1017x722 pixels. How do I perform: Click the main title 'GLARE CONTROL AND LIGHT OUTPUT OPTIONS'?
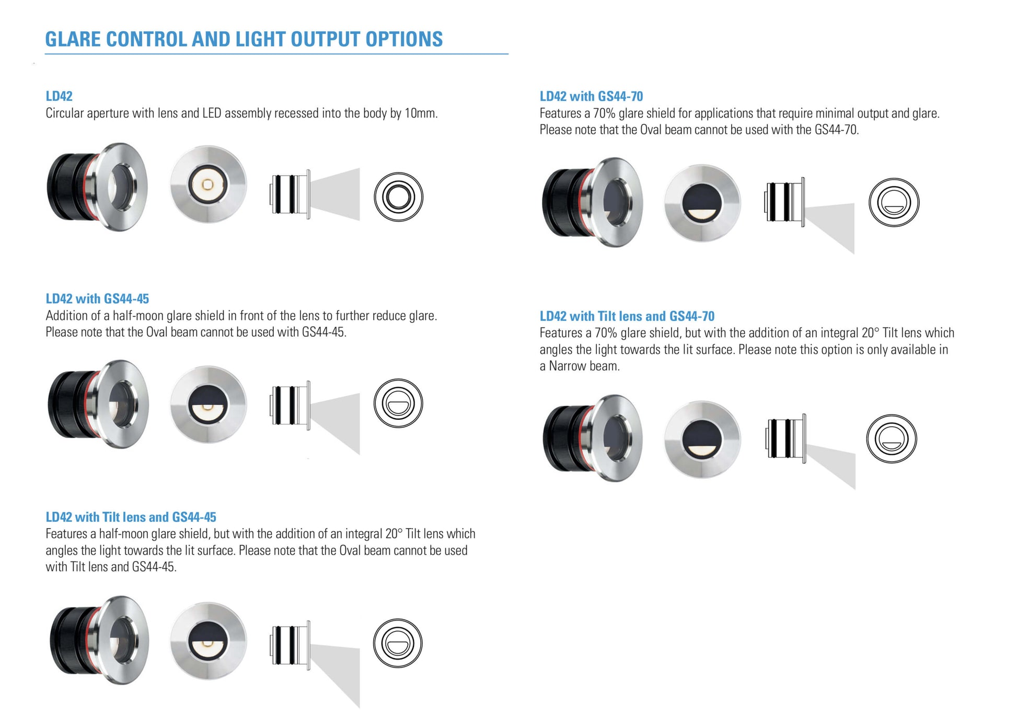pos(244,39)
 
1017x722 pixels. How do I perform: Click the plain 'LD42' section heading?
pos(59,96)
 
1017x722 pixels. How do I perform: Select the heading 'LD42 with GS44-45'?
pos(97,299)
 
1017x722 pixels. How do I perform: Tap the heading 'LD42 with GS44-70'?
pos(591,96)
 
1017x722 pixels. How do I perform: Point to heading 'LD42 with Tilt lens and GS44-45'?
pos(131,517)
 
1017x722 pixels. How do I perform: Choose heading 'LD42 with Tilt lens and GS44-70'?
pos(627,316)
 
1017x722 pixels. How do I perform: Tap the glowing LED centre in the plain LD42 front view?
pos(207,185)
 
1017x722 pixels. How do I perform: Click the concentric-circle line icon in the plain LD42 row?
pos(398,197)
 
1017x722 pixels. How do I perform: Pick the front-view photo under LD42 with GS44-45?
pos(208,405)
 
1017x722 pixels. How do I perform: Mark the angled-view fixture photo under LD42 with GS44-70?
pos(593,202)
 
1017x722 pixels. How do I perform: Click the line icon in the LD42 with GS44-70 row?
pos(894,202)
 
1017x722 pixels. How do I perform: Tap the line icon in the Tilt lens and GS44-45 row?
pos(398,643)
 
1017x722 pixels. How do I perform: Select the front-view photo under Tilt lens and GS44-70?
pos(702,440)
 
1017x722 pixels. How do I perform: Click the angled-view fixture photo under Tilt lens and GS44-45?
pos(99,640)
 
